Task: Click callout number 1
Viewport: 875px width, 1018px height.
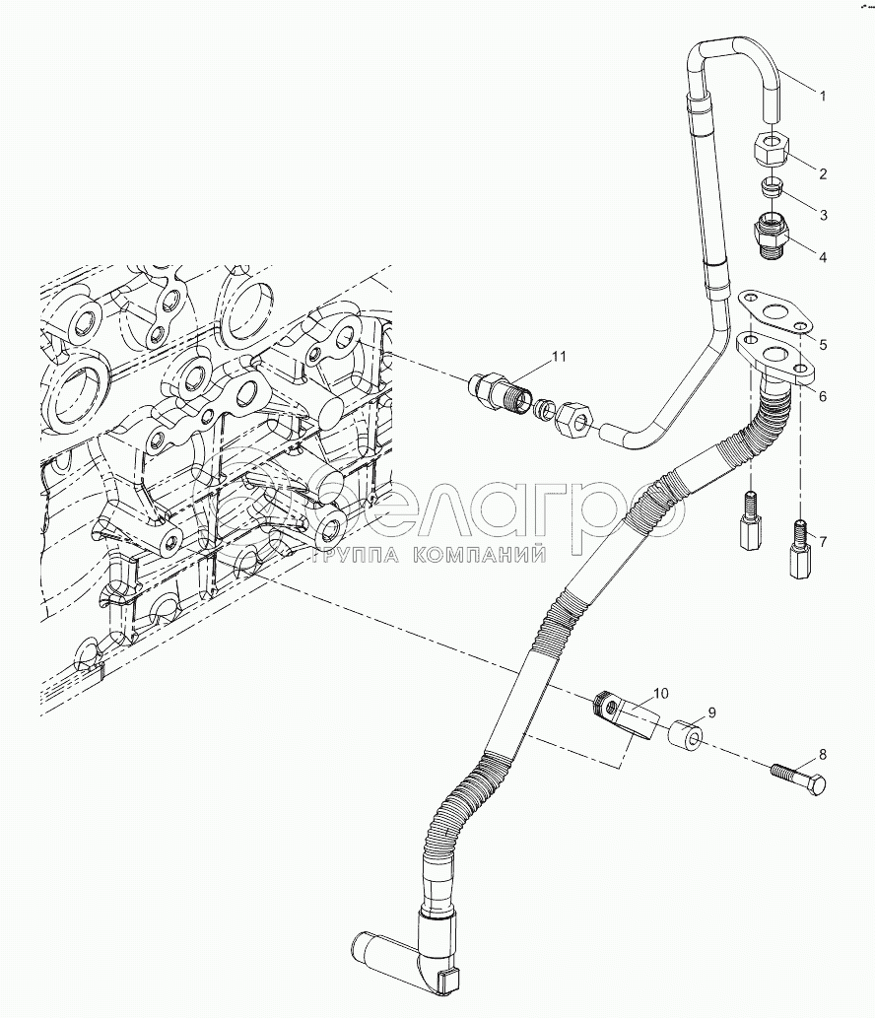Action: click(823, 96)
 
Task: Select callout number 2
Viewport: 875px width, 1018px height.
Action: click(822, 173)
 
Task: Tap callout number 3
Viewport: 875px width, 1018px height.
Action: click(822, 215)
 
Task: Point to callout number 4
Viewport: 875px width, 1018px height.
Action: click(822, 258)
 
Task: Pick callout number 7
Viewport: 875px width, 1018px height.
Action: click(822, 541)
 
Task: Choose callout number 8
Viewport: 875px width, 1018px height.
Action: click(822, 757)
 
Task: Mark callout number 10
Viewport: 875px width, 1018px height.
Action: click(660, 694)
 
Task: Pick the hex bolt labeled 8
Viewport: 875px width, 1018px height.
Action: click(798, 778)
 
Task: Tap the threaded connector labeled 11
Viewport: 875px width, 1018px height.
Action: click(497, 390)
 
